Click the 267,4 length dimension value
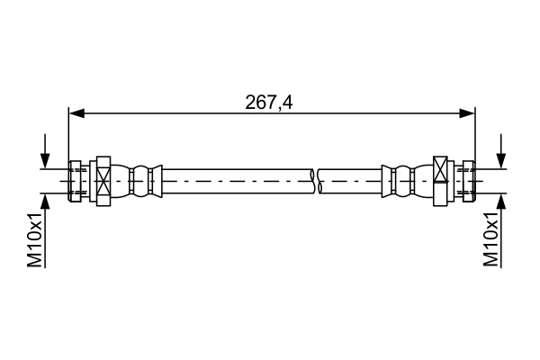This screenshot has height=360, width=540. tap(269, 102)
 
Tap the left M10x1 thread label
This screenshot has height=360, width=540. tap(35, 239)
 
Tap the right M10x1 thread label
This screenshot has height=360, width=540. tap(490, 239)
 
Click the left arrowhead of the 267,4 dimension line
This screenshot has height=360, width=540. tap(76, 112)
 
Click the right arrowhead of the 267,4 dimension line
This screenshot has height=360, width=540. tap(467, 112)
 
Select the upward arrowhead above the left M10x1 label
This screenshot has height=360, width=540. tap(43, 200)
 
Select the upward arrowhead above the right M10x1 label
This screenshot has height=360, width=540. tap(501, 200)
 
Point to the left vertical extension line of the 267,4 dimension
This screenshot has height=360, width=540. tap(68, 135)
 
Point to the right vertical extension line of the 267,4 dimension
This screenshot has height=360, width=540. tap(475, 135)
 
